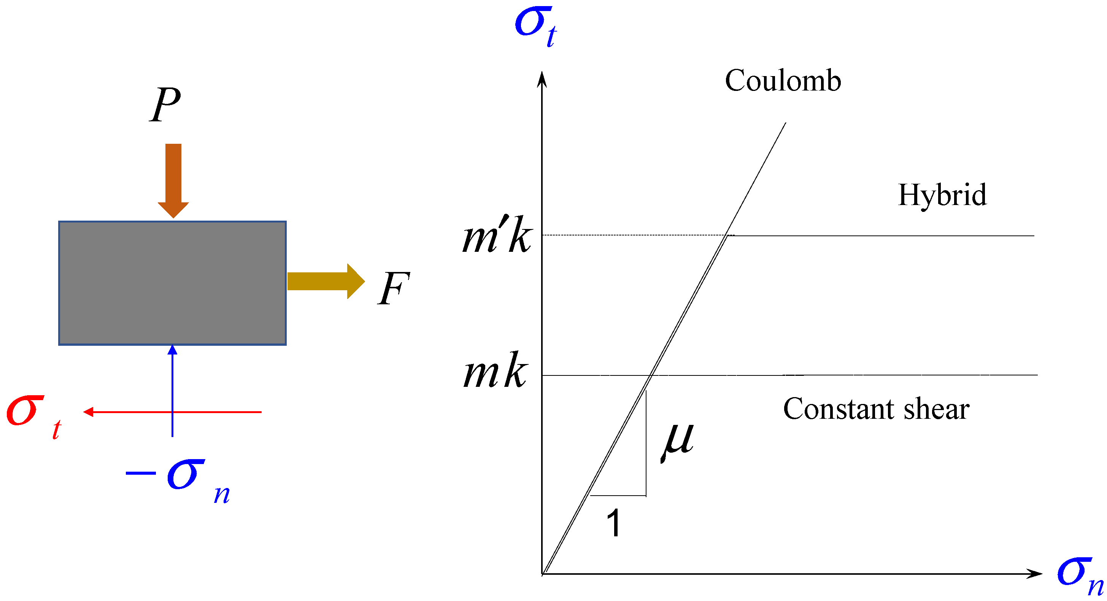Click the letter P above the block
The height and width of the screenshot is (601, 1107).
[166, 104]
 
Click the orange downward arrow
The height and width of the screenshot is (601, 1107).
[173, 180]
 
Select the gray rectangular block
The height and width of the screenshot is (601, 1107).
[172, 283]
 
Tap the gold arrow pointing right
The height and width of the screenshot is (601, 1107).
[325, 281]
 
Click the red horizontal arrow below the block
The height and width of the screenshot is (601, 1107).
[172, 412]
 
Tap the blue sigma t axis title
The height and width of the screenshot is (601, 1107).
[535, 26]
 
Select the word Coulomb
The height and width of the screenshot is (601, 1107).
[783, 81]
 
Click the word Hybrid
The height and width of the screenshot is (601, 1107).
[942, 195]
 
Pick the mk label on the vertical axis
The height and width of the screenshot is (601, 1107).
[495, 370]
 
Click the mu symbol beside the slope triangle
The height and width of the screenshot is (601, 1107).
[677, 440]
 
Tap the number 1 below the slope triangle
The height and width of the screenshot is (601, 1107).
[614, 523]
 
